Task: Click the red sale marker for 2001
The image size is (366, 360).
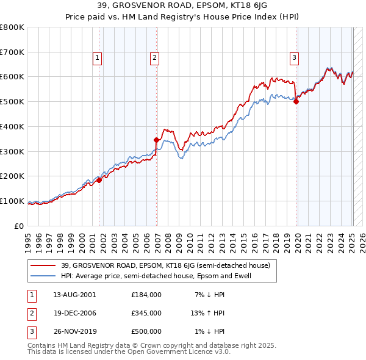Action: click(x=99, y=180)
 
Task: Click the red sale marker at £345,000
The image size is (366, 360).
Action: click(x=156, y=140)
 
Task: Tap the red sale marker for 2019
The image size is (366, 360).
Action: click(x=296, y=102)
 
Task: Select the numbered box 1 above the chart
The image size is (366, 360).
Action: click(x=98, y=58)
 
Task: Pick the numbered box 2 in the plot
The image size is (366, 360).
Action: click(x=155, y=58)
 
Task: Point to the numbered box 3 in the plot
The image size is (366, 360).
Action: click(x=294, y=58)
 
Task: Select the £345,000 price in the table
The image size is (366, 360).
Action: click(x=146, y=313)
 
